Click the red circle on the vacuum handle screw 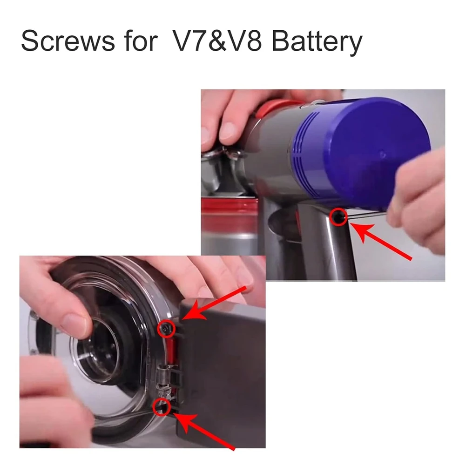coord(338,217)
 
